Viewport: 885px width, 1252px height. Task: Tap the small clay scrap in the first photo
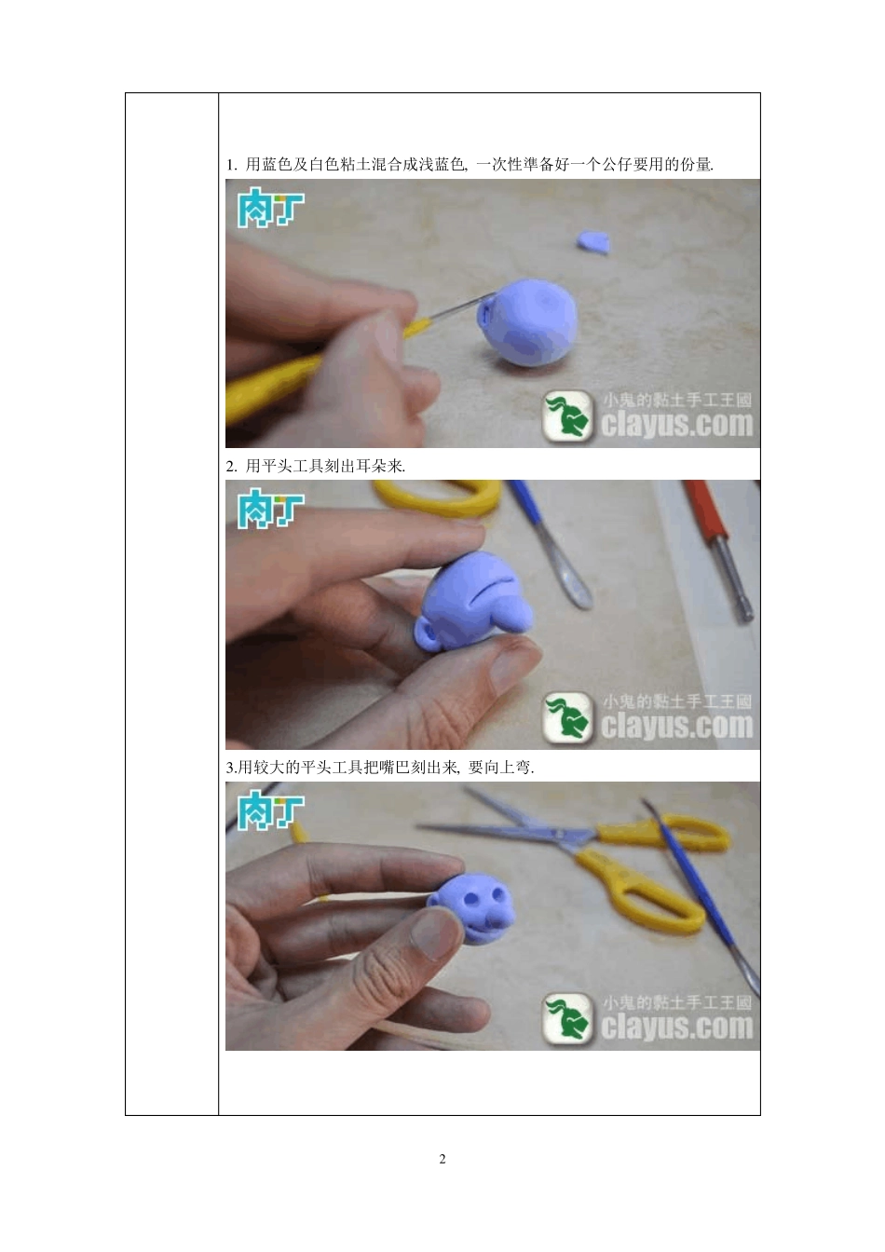592,242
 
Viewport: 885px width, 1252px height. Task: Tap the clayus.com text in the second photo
677,725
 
